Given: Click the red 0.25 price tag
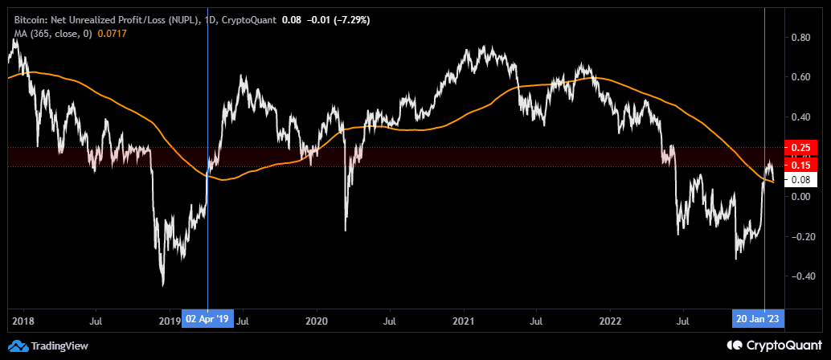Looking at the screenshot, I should click(800, 148).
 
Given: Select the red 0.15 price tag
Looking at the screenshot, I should click(800, 166).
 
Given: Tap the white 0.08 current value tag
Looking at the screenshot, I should click(800, 180).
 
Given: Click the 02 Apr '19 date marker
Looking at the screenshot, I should click(207, 320).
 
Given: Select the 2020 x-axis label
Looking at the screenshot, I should click(317, 320).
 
